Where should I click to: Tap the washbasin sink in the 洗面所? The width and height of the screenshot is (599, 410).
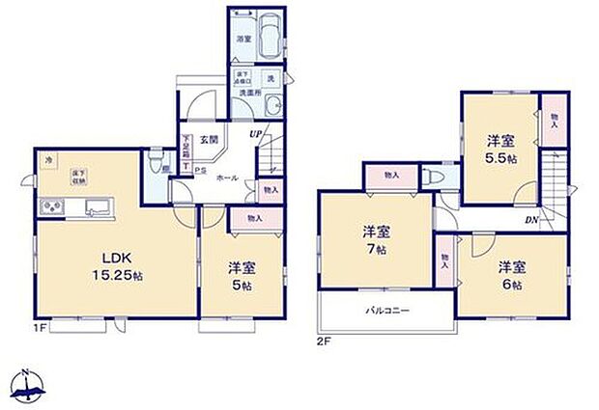273,106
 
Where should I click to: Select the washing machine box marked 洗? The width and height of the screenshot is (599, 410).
271,78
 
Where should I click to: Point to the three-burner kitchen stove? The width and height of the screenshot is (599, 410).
51,208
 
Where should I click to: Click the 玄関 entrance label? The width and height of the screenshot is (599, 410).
209,141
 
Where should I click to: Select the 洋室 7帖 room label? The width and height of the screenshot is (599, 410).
376,239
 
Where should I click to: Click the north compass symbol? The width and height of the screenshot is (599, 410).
29,386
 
